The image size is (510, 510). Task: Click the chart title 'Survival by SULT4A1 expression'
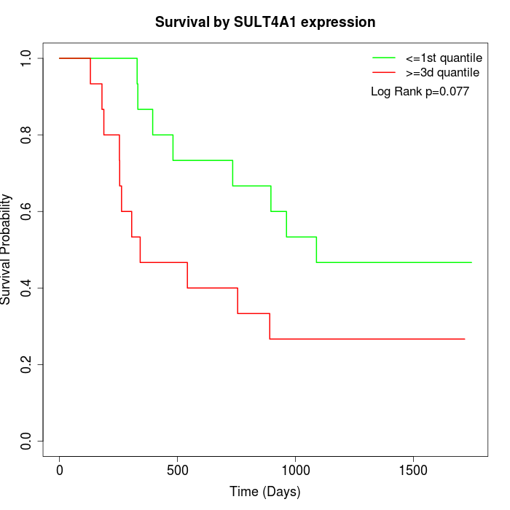pyautogui.click(x=265, y=23)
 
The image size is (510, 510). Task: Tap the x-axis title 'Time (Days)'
pyautogui.click(x=265, y=492)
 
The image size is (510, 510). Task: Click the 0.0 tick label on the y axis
pyautogui.click(x=27, y=441)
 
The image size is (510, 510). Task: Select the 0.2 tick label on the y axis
pyautogui.click(x=27, y=364)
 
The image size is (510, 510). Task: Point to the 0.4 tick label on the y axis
pyautogui.click(x=27, y=288)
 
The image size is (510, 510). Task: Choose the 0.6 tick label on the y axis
pyautogui.click(x=27, y=211)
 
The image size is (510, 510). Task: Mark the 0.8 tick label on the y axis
pyautogui.click(x=27, y=135)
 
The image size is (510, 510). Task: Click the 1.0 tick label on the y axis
pyautogui.click(x=27, y=58)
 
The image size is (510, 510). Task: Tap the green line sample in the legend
pyautogui.click(x=384, y=58)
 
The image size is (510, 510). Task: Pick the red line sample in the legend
pyautogui.click(x=384, y=73)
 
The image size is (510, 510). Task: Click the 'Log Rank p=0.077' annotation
pyautogui.click(x=420, y=92)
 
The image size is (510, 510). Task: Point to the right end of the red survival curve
pyautogui.click(x=464, y=339)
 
